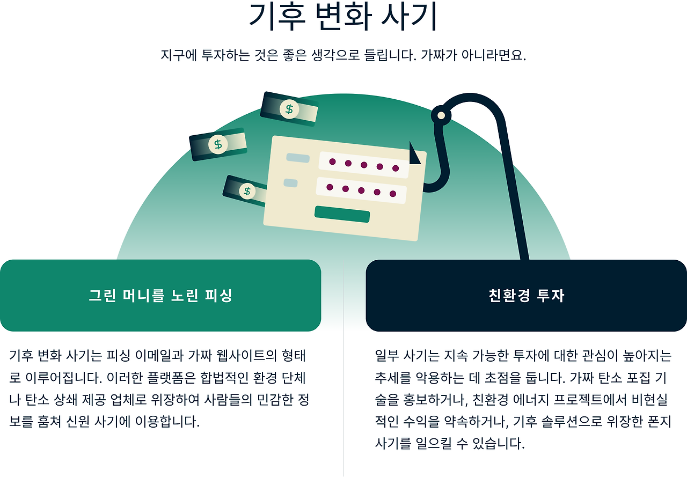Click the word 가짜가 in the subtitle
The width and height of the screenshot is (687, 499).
tap(438, 55)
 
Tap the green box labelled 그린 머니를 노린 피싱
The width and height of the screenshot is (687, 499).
tap(160, 296)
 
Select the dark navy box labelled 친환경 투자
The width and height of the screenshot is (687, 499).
tap(526, 296)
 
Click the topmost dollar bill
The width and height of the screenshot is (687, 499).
tap(289, 110)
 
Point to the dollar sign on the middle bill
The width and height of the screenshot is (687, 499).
tap(218, 144)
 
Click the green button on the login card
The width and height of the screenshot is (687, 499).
tap(342, 214)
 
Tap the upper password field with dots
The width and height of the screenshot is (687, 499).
tap(364, 164)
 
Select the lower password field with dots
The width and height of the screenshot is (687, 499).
tap(361, 190)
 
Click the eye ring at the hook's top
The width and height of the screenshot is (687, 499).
tap(441, 115)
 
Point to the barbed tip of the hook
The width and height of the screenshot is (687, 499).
tap(414, 154)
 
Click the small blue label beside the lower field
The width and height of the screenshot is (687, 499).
tap(290, 183)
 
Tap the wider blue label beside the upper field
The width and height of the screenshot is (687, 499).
tap(298, 158)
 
